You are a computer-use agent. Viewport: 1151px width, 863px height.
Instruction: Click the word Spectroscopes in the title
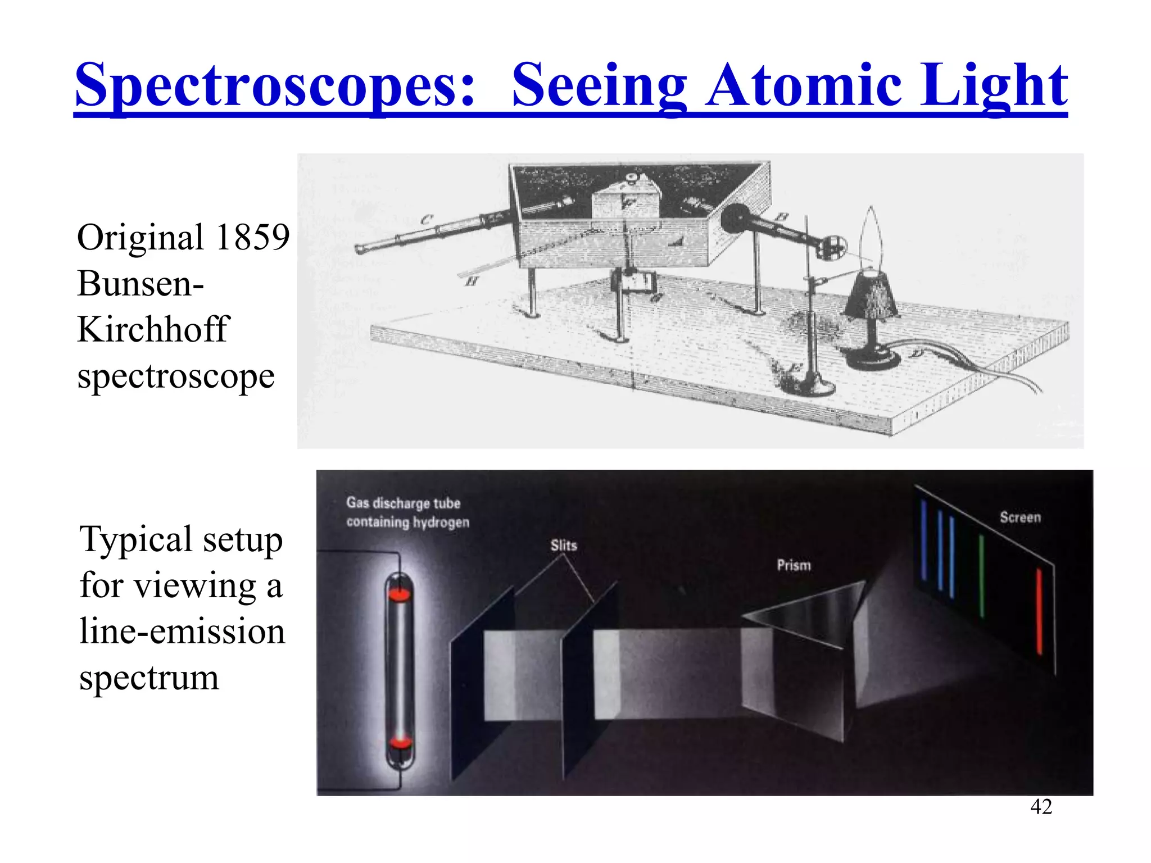(x=275, y=85)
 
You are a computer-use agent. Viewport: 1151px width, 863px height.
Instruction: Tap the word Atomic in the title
(x=804, y=85)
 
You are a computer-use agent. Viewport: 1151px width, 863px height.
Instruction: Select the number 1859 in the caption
(x=252, y=237)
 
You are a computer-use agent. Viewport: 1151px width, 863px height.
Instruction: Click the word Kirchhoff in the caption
(x=153, y=329)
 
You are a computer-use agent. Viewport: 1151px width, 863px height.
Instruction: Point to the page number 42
(x=1041, y=807)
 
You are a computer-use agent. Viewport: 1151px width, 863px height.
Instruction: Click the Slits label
(x=564, y=546)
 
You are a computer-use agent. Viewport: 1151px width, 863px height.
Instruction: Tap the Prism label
(x=794, y=565)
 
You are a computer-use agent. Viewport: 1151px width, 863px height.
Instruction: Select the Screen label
(x=1020, y=517)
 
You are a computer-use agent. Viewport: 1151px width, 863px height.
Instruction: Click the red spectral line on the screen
(x=1039, y=611)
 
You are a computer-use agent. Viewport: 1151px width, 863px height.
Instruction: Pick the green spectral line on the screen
(x=981, y=576)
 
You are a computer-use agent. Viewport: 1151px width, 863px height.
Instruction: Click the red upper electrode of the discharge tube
(x=400, y=594)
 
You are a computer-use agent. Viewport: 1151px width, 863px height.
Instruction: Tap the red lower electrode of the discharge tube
(x=400, y=743)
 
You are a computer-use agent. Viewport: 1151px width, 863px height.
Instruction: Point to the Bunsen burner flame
(x=871, y=236)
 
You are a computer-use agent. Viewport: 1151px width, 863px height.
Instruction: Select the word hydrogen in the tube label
(x=441, y=523)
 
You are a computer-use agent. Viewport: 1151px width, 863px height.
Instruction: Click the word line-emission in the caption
(x=182, y=632)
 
